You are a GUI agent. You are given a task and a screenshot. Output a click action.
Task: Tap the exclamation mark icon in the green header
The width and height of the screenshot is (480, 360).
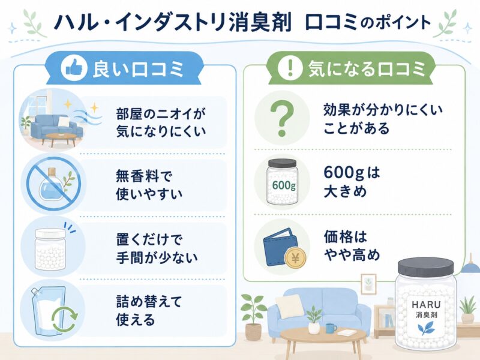point(290,67)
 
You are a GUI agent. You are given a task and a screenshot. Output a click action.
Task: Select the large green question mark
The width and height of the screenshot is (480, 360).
point(282,119)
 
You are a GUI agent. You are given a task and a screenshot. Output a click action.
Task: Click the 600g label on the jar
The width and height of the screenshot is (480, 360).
point(284,185)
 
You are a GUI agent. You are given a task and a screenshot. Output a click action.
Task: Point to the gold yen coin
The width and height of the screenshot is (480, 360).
point(295,259)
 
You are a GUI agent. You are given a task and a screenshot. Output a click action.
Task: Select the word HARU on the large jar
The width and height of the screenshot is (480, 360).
point(426,304)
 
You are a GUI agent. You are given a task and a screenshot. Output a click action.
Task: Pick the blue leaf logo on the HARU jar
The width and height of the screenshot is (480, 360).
point(426,328)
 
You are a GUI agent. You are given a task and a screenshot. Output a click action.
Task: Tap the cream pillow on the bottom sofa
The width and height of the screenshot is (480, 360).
point(289,306)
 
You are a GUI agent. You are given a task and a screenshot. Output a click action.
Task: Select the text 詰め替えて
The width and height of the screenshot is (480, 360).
point(149,302)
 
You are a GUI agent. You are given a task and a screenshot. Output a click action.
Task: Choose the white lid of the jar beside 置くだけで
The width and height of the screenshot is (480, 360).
point(50,234)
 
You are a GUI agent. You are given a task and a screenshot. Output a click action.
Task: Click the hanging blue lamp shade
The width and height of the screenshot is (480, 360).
point(470,268)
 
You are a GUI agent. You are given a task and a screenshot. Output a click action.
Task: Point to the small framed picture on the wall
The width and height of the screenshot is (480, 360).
point(368,284)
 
